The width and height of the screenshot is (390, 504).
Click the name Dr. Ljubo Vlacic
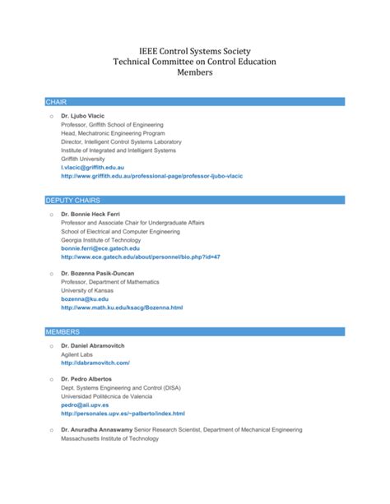[x=82, y=115]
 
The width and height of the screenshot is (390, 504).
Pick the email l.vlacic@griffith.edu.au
[x=98, y=167]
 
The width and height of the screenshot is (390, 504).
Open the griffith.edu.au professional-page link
[x=151, y=176]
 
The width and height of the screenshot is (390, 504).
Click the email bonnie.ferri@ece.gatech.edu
[x=100, y=247]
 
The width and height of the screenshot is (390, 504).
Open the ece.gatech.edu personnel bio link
[x=140, y=257]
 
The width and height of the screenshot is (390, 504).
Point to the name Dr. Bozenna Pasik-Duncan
[x=98, y=272]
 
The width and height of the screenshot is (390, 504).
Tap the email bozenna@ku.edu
[x=85, y=298]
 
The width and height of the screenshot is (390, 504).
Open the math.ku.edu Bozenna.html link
[x=121, y=307]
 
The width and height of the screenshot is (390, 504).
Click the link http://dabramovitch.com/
[x=95, y=363]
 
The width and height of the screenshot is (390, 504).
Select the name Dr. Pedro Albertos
[x=86, y=379]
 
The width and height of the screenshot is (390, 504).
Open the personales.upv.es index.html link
[x=123, y=414]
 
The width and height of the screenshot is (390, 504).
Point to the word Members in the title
[x=195, y=72]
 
